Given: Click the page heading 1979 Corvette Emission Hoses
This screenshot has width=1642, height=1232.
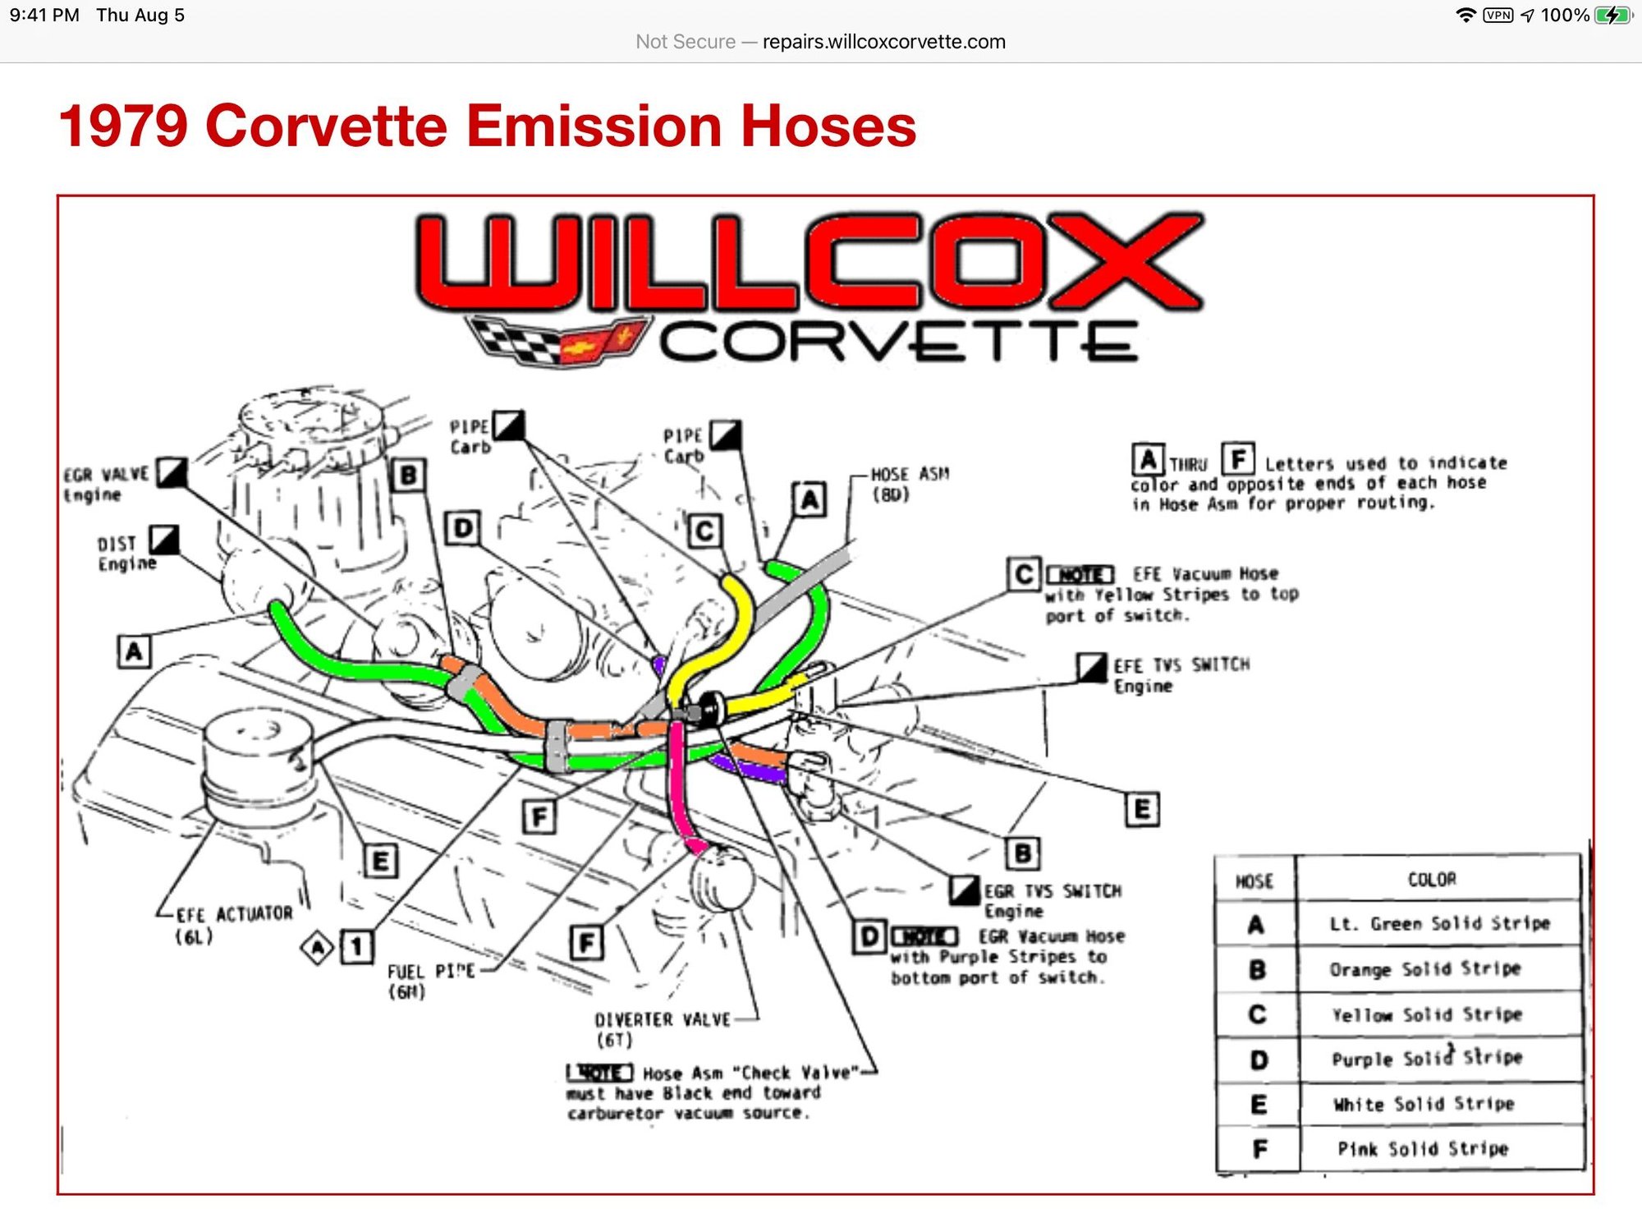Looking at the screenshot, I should (x=487, y=126).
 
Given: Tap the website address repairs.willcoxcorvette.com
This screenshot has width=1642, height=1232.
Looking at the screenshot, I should (x=883, y=42).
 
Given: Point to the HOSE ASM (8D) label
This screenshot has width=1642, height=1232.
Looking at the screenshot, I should (x=908, y=484).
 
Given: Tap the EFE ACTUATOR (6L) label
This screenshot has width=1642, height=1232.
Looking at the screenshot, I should (x=232, y=924).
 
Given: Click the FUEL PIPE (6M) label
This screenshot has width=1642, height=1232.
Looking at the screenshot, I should (x=429, y=981).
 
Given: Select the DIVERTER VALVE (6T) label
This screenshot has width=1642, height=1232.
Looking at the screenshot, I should (x=661, y=1028).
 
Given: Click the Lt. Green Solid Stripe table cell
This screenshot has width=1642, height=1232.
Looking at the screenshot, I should (x=1439, y=924).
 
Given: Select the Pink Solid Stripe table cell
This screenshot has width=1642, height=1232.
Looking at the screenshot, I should (x=1423, y=1148).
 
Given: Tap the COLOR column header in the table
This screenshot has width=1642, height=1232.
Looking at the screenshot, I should (x=1432, y=880).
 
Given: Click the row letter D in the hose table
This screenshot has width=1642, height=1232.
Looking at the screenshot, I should (x=1258, y=1060).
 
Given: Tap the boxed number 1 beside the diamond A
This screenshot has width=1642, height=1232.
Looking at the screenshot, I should (x=356, y=947).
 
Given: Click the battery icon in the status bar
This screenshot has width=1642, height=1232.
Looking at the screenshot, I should (x=1612, y=16).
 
